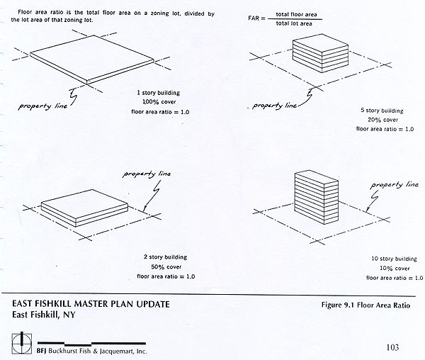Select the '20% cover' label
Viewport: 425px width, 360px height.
coord(382,120)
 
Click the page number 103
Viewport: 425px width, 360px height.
coord(397,347)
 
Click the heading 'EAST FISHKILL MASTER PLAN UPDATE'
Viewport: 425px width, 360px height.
coord(91,305)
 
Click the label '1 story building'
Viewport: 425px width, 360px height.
coord(163,93)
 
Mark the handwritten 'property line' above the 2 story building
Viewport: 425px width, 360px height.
coord(145,174)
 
